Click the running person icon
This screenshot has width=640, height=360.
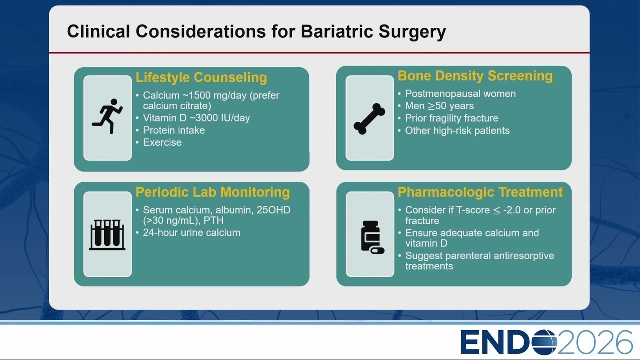107,116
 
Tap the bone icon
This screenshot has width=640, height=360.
369,119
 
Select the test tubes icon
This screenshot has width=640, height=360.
107,235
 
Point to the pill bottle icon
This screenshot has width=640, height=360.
372,237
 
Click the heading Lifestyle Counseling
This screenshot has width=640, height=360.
201,77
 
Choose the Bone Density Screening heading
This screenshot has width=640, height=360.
475,76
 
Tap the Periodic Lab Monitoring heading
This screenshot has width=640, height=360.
213,192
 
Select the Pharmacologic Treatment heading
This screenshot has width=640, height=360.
480,192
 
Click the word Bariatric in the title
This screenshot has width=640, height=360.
337,31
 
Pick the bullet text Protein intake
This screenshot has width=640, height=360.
174,130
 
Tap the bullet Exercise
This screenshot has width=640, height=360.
162,142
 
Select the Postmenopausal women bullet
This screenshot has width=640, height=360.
460,94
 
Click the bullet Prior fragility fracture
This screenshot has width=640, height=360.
451,118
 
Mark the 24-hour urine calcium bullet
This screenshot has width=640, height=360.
191,233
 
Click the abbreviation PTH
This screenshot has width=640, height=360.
213,220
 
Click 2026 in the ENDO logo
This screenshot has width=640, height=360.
595,342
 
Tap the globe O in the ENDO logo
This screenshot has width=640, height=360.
544,342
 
